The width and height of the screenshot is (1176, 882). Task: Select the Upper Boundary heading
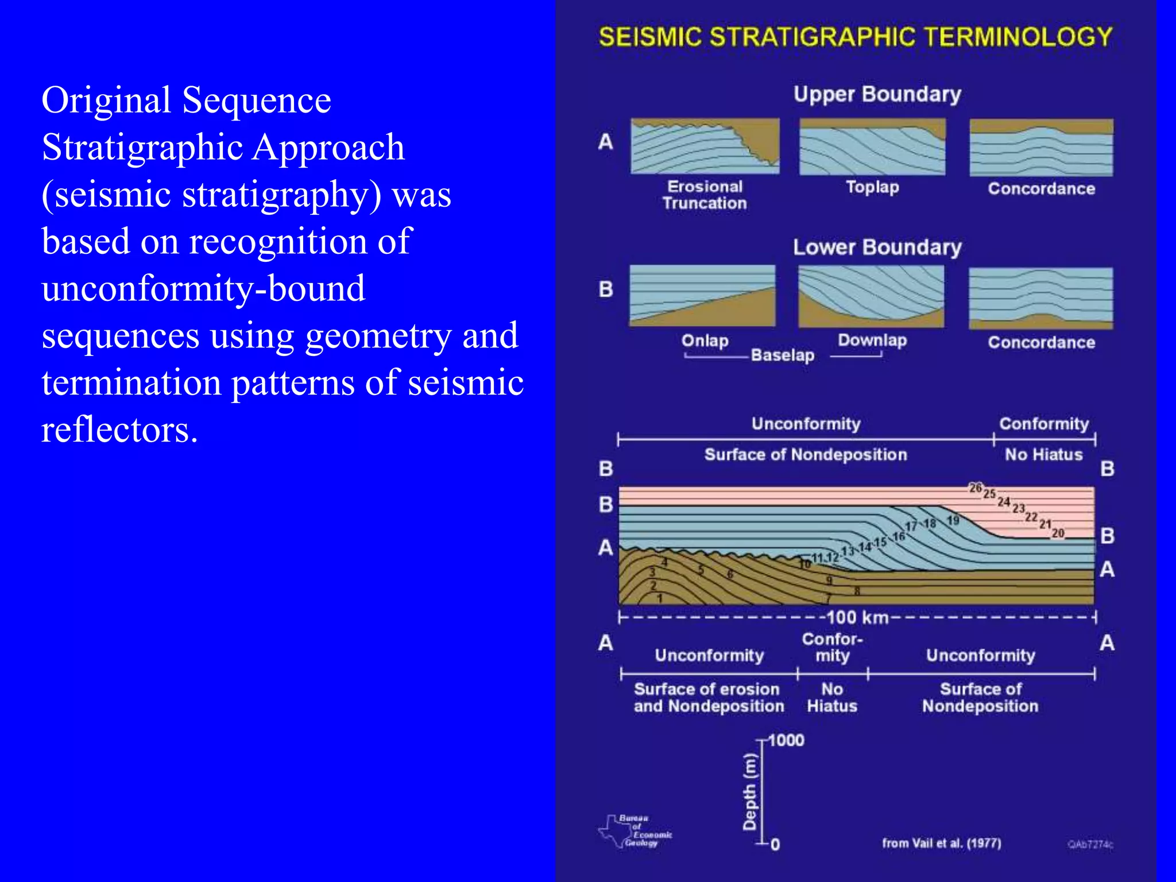[x=877, y=94]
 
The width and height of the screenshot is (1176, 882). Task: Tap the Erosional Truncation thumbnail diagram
[x=705, y=146]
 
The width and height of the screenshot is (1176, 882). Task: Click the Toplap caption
[x=872, y=187]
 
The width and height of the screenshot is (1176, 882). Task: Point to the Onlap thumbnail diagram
[x=702, y=295]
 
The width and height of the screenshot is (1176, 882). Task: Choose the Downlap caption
[x=872, y=340]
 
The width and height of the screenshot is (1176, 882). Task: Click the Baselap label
[x=782, y=355]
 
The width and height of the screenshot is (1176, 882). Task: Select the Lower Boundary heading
[x=877, y=247]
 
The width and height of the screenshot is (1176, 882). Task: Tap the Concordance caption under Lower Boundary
[x=1041, y=343]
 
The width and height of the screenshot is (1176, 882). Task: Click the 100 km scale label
[x=857, y=618]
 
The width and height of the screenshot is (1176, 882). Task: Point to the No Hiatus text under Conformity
[x=1043, y=455]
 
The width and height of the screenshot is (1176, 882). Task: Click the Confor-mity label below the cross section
[x=832, y=648]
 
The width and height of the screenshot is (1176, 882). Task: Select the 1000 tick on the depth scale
[x=786, y=741]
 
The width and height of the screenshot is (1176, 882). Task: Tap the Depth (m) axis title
[x=749, y=792]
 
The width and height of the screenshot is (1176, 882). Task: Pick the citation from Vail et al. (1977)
[x=941, y=844]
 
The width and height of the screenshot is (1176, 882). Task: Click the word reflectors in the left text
[x=119, y=430]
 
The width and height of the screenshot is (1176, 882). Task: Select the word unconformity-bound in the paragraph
[x=203, y=288]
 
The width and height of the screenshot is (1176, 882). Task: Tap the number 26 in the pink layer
[x=975, y=488]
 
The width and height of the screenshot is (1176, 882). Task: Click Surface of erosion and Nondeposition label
[x=708, y=698]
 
